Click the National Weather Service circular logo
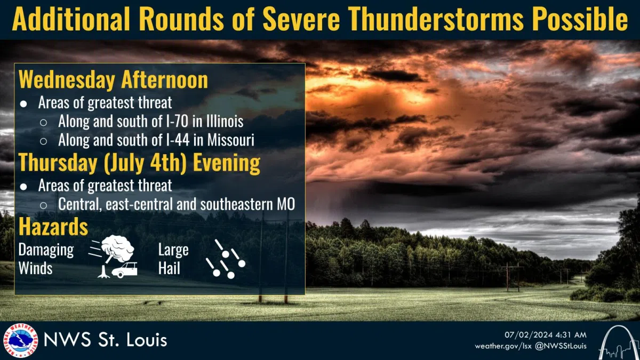pos(21,341)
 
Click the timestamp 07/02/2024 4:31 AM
pos(546,335)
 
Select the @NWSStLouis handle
pos(561,346)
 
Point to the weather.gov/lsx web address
pos(503,347)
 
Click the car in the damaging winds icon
pos(125,270)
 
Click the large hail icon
pos(226,259)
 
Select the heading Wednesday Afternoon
pos(113,80)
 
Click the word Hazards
pos(53,227)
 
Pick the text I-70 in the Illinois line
pos(177,121)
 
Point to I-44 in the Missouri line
pos(178,140)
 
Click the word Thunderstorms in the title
pos(435,18)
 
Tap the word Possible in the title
pos(580,18)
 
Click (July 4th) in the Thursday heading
pos(145,163)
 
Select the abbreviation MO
pos(286,204)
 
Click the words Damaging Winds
pos(46,259)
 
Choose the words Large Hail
pos(173,259)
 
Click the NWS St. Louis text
pos(106,340)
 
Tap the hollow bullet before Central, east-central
pos(43,205)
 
